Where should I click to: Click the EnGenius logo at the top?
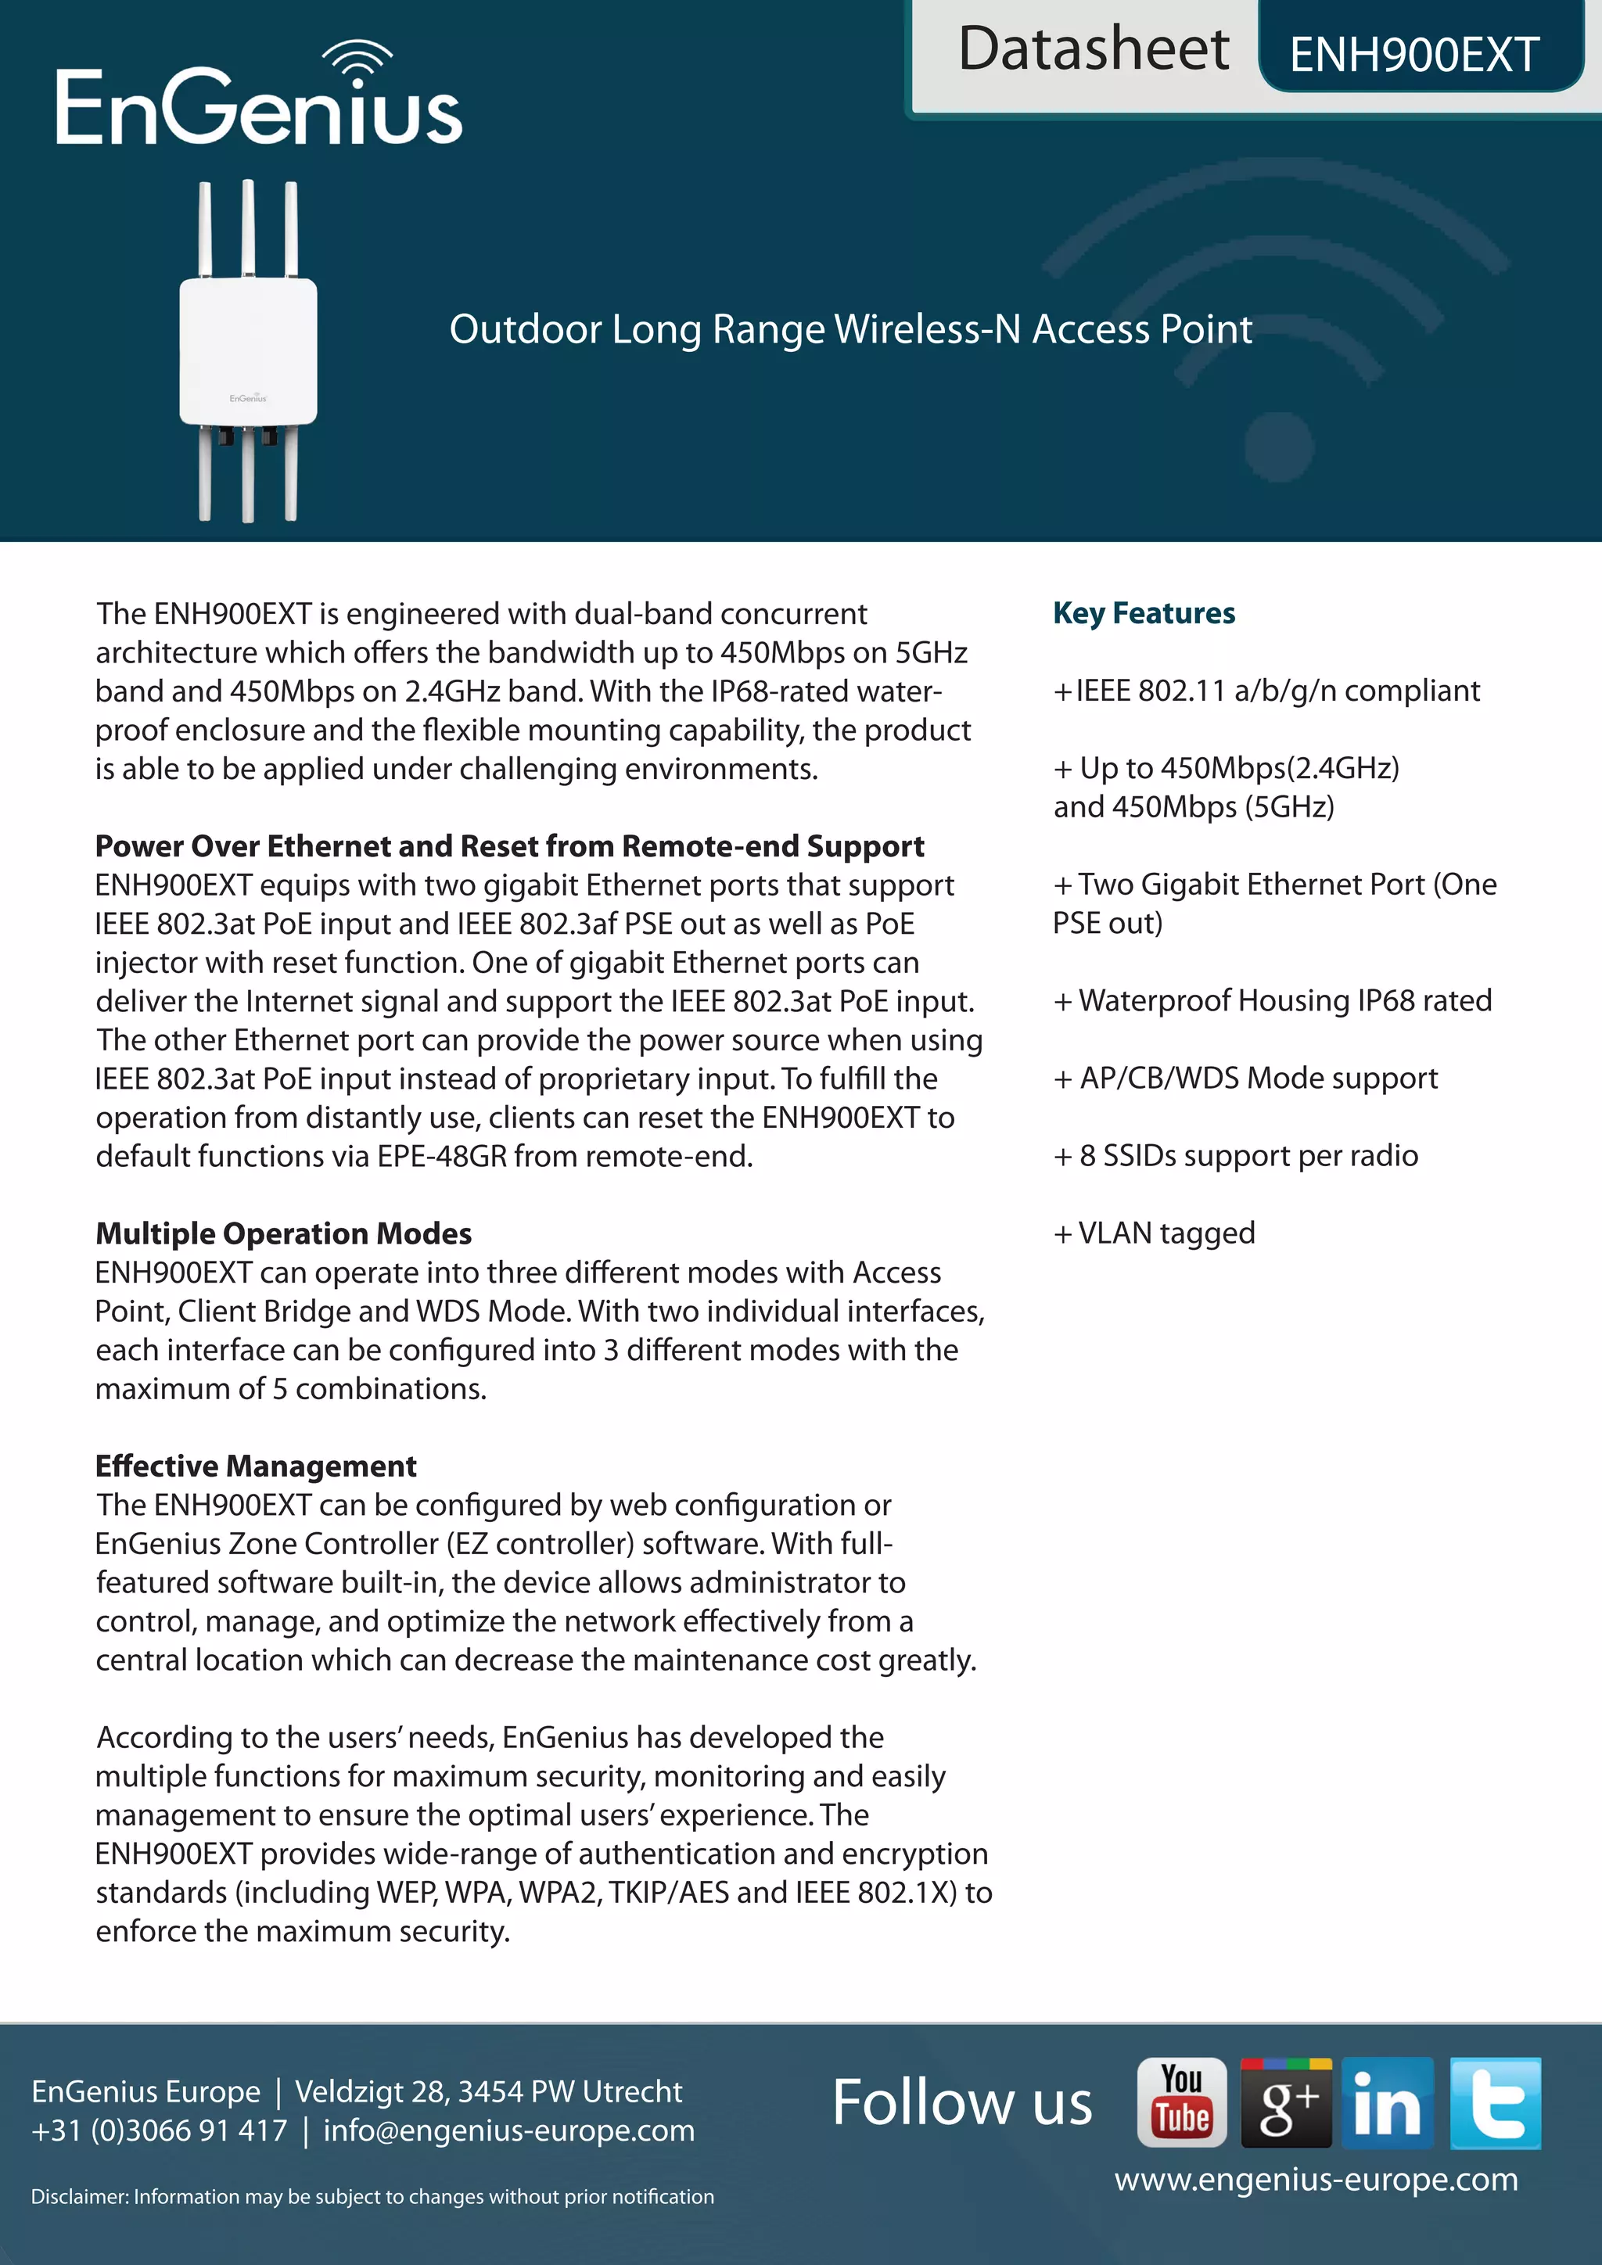(258, 99)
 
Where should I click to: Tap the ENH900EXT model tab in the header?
(1413, 54)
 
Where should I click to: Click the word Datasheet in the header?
(1093, 49)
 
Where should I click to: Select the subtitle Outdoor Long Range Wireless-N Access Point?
(850, 328)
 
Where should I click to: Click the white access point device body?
(249, 350)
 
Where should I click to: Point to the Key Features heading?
(1144, 612)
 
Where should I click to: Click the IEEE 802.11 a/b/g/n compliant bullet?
(1266, 691)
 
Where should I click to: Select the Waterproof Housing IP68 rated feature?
(1273, 1000)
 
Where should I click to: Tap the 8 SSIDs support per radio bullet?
(1236, 1155)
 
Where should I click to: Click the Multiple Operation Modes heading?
(283, 1233)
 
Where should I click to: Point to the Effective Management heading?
(256, 1466)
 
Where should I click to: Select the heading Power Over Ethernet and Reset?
(509, 846)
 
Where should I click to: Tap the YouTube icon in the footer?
(1182, 2102)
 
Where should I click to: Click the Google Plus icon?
(1285, 2102)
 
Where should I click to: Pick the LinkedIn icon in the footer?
(1387, 2102)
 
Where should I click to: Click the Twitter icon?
(1495, 2102)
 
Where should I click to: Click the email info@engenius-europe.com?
(509, 2130)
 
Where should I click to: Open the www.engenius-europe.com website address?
(1316, 2179)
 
